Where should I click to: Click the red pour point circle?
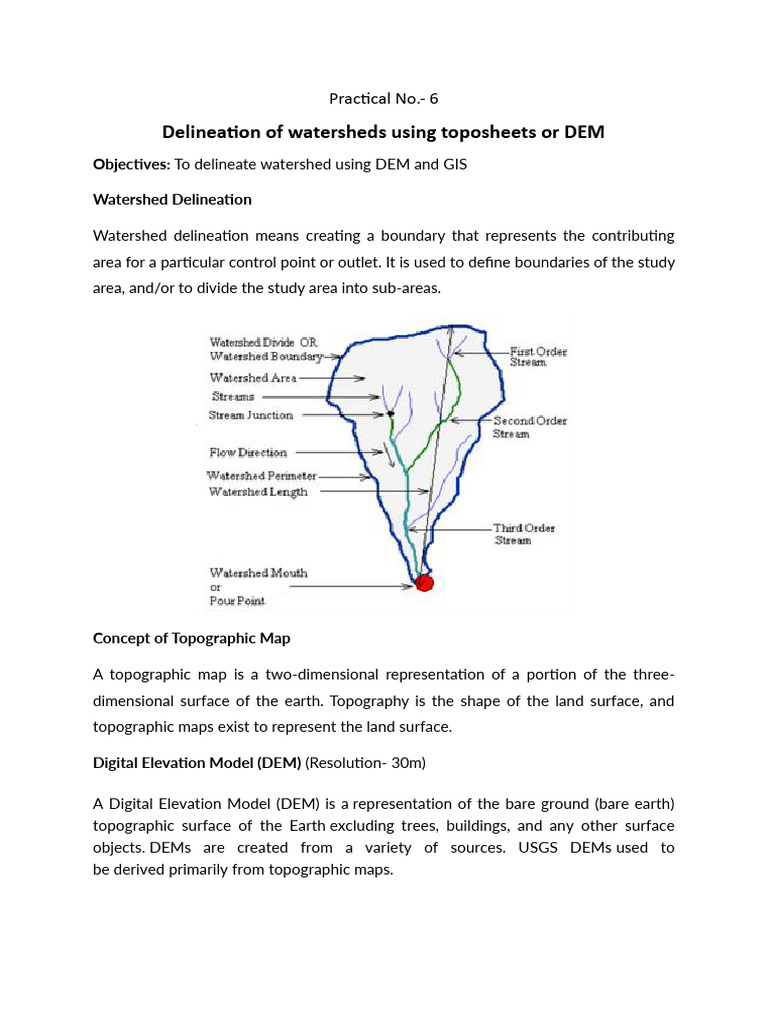click(424, 582)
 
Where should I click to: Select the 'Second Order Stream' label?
click(530, 427)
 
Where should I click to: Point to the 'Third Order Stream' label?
click(524, 534)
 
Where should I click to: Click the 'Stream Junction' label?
click(251, 415)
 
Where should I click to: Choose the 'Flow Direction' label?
click(248, 453)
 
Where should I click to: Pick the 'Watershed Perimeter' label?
click(262, 476)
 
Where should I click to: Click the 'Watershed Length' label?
click(258, 492)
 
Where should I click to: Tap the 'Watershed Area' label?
click(253, 378)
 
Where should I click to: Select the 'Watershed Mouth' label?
click(258, 573)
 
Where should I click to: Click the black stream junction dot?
click(391, 413)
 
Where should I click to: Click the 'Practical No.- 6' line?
click(384, 98)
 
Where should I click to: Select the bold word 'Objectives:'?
click(131, 164)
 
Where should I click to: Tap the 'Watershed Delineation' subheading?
click(172, 199)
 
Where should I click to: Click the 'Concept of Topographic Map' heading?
click(191, 638)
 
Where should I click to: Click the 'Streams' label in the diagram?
click(233, 397)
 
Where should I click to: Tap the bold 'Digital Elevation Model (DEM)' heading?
click(197, 763)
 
